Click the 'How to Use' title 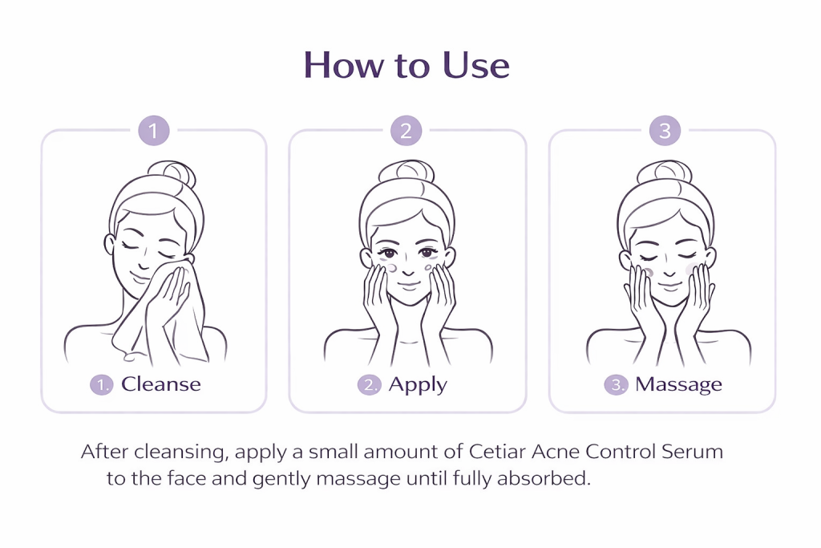[406, 65]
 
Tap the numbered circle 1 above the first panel [153, 131]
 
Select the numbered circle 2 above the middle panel [406, 131]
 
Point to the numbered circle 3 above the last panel [665, 131]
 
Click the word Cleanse [160, 384]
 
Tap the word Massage [678, 385]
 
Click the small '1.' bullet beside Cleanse [102, 385]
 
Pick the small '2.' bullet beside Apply [369, 385]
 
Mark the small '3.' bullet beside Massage [616, 385]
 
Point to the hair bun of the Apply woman [406, 172]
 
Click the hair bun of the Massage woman [665, 172]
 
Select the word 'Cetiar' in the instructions [497, 451]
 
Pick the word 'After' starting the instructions [104, 451]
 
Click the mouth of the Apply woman [408, 286]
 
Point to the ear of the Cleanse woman [110, 245]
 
